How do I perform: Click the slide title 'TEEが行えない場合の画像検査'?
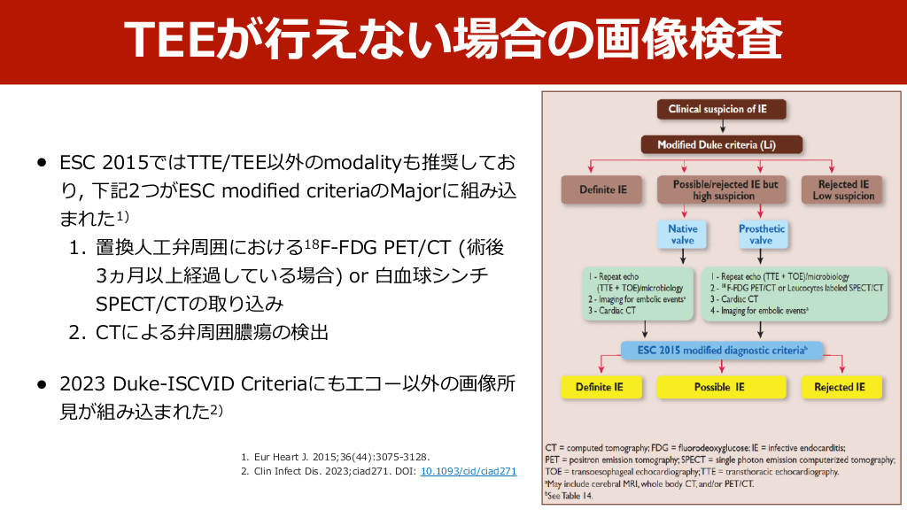(453, 42)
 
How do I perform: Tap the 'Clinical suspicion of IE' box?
(717, 110)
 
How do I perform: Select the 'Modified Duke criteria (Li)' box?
(717, 144)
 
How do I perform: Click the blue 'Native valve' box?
(682, 235)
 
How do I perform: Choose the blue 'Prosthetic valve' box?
(761, 235)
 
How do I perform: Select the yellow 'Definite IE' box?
(600, 387)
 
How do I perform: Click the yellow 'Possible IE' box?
(719, 387)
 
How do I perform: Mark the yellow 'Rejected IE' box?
(841, 387)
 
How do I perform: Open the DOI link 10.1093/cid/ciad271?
(468, 472)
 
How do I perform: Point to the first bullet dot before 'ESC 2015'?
(41, 164)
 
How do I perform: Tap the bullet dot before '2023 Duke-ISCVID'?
(41, 384)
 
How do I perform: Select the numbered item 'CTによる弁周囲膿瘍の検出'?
(212, 332)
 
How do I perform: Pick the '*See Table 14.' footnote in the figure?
(571, 496)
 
